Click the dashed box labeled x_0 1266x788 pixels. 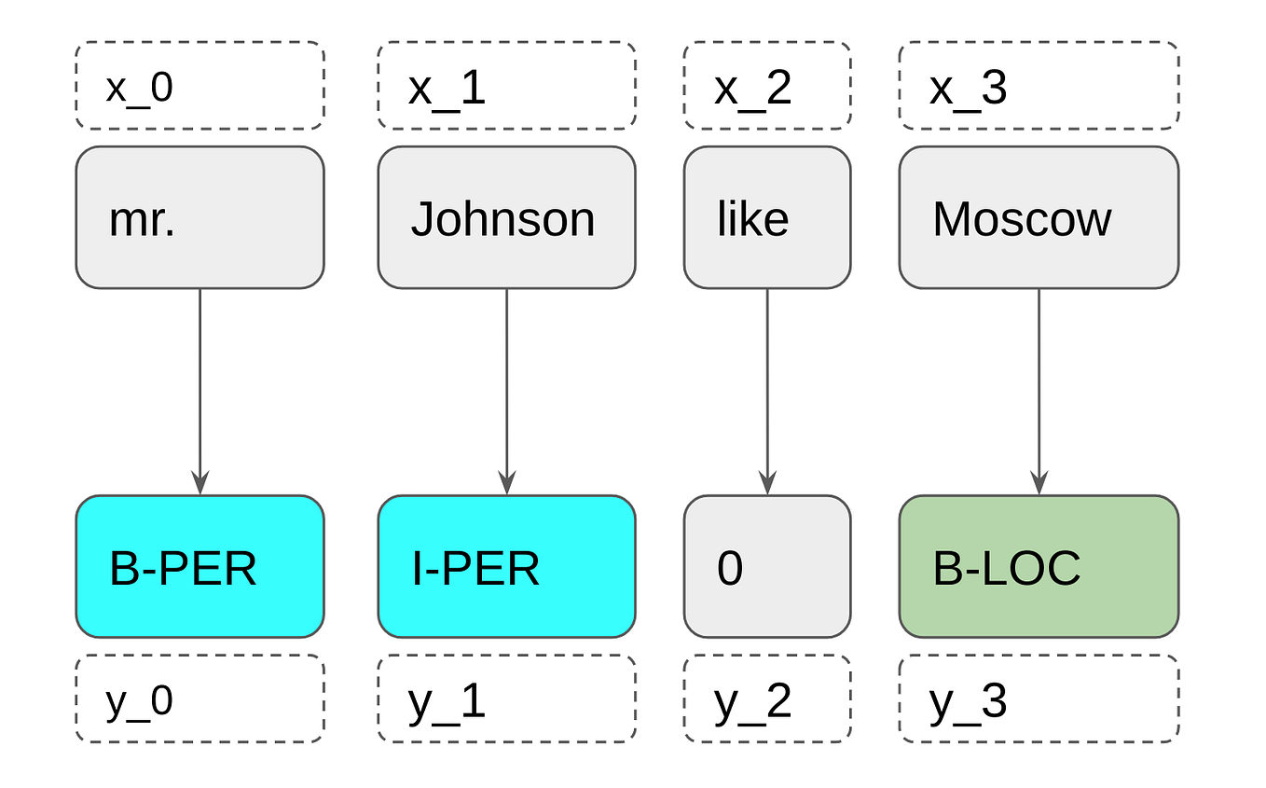point(200,86)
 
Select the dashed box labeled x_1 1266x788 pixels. point(506,86)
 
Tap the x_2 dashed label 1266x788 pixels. point(766,86)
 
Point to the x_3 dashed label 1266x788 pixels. point(1039,86)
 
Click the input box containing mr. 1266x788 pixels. point(200,218)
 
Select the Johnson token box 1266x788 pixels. point(506,218)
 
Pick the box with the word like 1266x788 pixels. point(766,218)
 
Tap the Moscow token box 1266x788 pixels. point(1039,218)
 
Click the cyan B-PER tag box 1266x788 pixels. point(200,567)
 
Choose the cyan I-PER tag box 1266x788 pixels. point(506,567)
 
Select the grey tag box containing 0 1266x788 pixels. point(766,567)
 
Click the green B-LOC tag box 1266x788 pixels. point(1039,567)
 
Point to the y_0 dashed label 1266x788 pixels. point(200,698)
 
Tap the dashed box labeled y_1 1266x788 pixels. point(506,698)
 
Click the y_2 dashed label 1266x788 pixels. point(766,698)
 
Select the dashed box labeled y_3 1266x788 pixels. point(1039,698)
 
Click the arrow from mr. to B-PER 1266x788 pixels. point(200,392)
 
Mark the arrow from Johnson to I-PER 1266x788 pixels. point(506,392)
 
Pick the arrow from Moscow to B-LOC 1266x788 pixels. point(1039,392)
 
